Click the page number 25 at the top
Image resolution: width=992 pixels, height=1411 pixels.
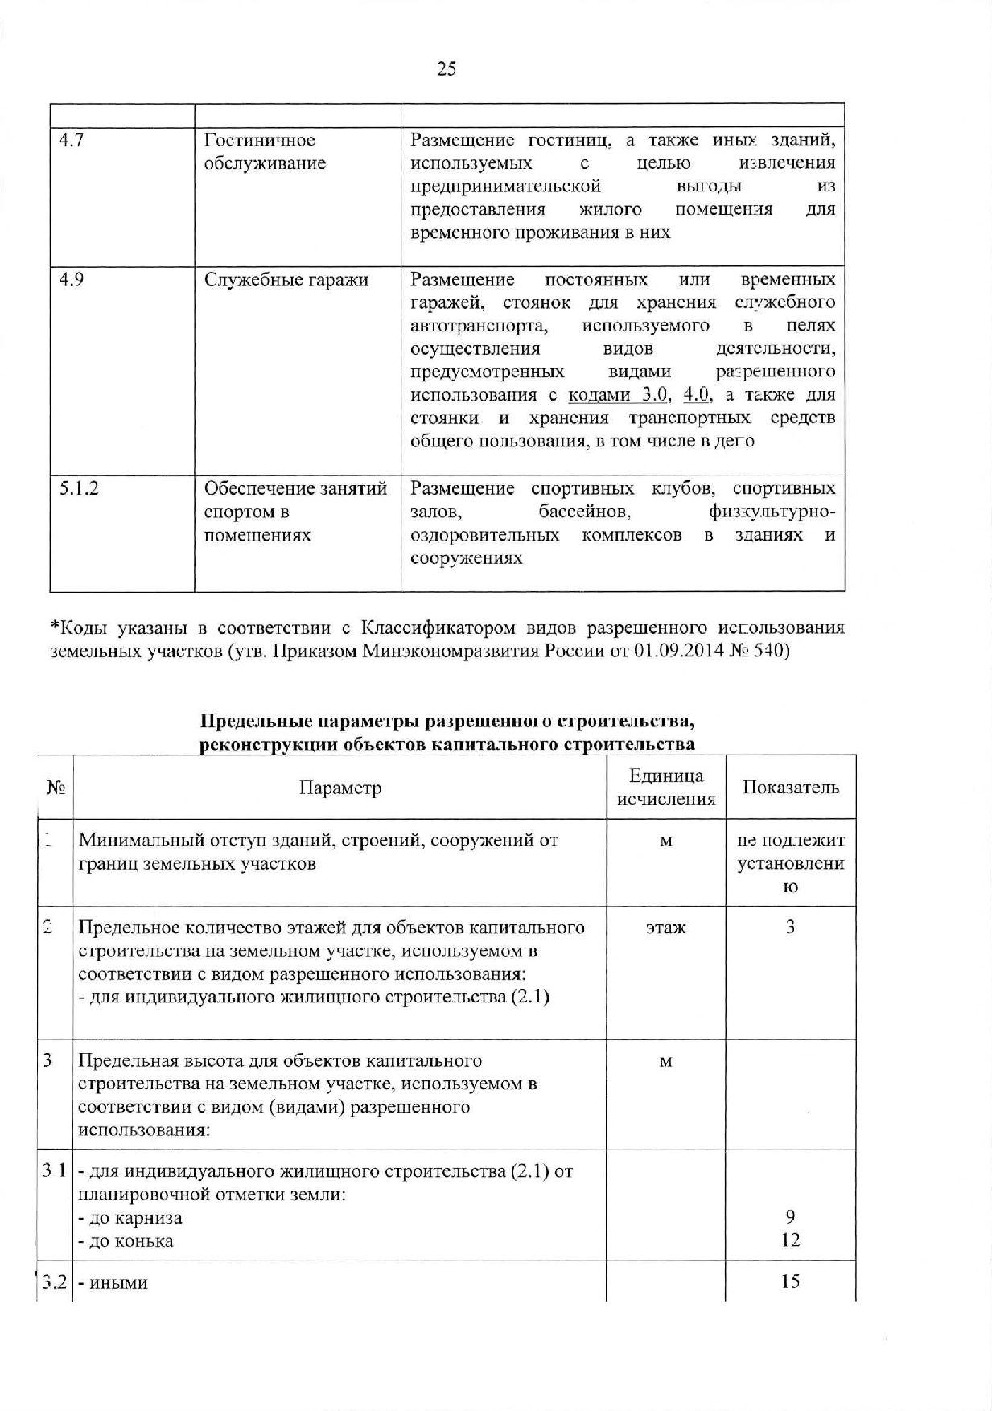click(447, 69)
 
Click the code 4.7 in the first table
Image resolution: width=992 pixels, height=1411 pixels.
click(72, 141)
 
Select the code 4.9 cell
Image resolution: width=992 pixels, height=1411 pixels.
click(72, 280)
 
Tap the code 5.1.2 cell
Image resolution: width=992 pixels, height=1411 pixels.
click(79, 489)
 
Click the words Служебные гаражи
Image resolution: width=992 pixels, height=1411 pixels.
click(286, 280)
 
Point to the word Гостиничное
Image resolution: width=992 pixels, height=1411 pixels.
click(259, 141)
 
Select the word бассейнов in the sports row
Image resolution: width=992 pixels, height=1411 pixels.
click(584, 512)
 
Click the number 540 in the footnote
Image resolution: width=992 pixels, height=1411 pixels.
click(769, 651)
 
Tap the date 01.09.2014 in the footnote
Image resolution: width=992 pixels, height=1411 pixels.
click(681, 651)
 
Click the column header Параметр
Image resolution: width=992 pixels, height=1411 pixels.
click(340, 788)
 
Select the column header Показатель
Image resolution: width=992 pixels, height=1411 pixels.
click(790, 788)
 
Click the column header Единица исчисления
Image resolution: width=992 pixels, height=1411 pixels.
click(665, 788)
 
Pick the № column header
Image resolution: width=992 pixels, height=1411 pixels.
click(56, 788)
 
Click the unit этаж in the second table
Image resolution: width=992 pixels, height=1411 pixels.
click(665, 928)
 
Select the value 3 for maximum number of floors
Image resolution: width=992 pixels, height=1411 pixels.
click(790, 928)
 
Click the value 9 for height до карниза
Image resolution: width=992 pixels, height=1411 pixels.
click(790, 1217)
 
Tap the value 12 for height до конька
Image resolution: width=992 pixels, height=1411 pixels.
click(790, 1240)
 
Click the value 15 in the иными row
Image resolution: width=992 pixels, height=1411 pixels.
click(790, 1281)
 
